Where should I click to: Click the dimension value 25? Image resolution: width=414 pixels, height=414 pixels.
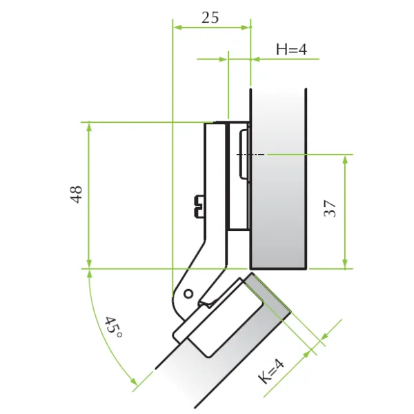point(210,18)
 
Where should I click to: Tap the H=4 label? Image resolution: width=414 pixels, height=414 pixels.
point(291,50)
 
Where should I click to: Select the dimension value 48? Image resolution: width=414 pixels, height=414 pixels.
point(77,195)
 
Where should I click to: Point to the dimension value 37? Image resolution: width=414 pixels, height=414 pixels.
point(330,208)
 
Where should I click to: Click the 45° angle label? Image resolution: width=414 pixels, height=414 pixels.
point(114,327)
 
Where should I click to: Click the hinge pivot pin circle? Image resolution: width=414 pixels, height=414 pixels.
point(188,294)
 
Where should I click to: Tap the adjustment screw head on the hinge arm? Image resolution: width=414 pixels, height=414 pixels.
point(199,206)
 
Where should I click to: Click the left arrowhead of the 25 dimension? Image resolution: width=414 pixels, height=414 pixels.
point(177,27)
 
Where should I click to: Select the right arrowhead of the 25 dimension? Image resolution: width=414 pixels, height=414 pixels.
point(245,27)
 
